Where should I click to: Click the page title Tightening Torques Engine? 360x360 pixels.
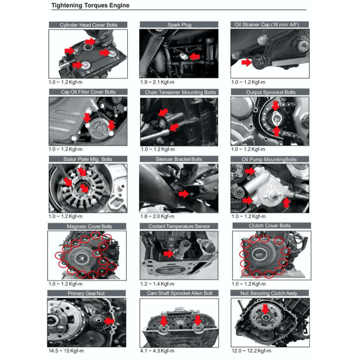(x=90, y=5)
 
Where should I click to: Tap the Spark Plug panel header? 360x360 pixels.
(x=179, y=25)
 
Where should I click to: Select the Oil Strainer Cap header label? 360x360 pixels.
(x=267, y=24)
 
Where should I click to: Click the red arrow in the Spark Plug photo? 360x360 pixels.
(x=195, y=57)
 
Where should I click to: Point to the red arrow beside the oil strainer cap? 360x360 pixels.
(x=246, y=62)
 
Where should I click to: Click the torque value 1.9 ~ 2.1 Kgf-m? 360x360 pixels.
(x=157, y=82)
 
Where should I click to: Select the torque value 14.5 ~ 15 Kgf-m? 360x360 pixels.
(x=66, y=351)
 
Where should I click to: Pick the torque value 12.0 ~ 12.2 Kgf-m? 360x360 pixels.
(x=251, y=351)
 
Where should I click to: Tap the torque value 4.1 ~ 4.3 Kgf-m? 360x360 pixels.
(x=157, y=351)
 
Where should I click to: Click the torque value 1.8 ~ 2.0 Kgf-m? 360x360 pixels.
(x=157, y=216)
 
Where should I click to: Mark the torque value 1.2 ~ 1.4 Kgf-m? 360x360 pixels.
(x=157, y=284)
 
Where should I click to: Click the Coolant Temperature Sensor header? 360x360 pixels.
(x=179, y=226)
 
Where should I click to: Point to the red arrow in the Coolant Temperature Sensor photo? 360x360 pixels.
(x=169, y=254)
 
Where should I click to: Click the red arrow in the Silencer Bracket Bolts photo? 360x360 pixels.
(x=184, y=194)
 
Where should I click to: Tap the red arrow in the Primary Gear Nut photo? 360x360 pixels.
(x=109, y=321)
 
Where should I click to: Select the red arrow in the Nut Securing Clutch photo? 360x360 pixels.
(x=265, y=309)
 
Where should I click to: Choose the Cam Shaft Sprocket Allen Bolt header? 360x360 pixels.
(x=179, y=293)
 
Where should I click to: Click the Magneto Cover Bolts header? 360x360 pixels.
(x=89, y=227)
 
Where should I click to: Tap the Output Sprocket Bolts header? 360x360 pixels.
(x=271, y=92)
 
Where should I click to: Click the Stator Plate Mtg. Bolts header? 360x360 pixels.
(x=88, y=159)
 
